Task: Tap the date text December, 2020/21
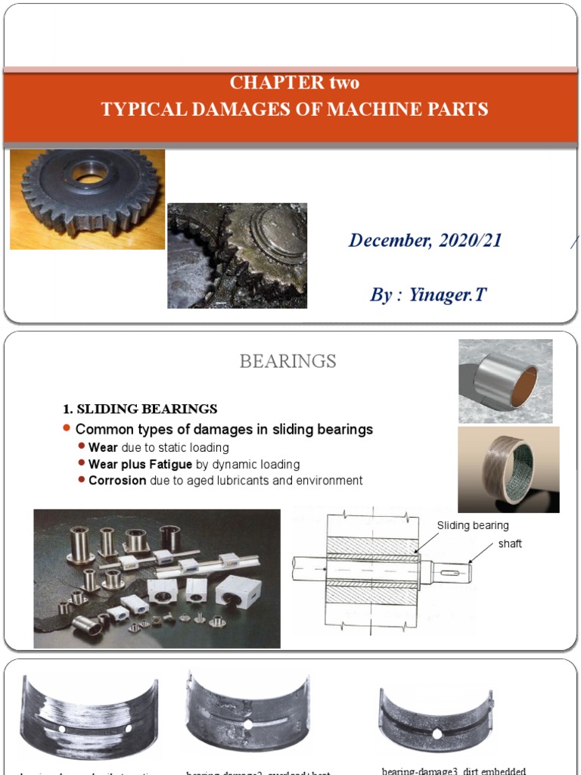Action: coord(424,241)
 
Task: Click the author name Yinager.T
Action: coord(448,294)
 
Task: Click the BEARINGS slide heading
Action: coord(287,362)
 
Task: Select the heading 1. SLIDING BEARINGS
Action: coord(140,409)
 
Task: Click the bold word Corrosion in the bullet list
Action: coord(117,481)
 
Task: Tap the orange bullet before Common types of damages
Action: coord(67,429)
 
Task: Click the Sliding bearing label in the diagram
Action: coord(473,525)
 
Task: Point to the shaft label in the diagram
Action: coord(510,543)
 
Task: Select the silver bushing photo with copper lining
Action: coord(505,381)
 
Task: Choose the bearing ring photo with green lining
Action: coord(508,469)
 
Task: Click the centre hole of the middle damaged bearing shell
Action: coord(248,724)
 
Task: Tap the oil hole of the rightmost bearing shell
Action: coord(437,733)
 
